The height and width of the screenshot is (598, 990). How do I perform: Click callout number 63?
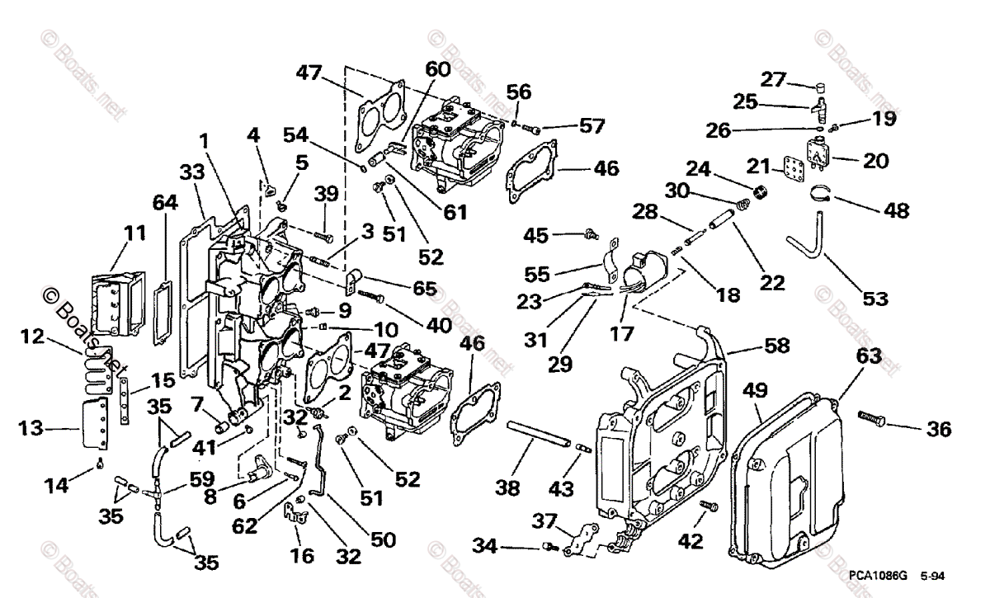(x=869, y=356)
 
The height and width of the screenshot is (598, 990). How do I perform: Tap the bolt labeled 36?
(x=871, y=418)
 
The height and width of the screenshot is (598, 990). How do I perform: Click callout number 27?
(x=773, y=79)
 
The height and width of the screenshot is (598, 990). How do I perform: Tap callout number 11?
(x=135, y=233)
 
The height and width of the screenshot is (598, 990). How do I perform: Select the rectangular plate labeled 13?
(x=95, y=422)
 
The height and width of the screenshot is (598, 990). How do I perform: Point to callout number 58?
(x=776, y=346)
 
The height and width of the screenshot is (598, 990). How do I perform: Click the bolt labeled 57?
(x=531, y=129)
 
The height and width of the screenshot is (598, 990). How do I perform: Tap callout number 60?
(x=438, y=69)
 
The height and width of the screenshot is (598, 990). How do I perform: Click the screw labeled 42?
(x=709, y=506)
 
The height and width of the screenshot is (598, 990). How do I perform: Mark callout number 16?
(x=302, y=556)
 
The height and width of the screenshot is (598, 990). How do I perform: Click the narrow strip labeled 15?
(x=125, y=401)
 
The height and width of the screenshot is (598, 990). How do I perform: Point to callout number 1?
(x=204, y=141)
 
